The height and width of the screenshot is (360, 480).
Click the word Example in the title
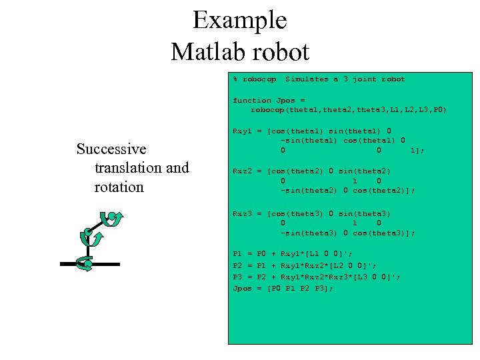pyautogui.click(x=239, y=21)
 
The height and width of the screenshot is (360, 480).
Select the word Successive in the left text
pyautogui.click(x=111, y=149)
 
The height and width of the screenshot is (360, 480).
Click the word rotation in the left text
pyautogui.click(x=119, y=187)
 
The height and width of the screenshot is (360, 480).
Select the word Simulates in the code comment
pyautogui.click(x=307, y=79)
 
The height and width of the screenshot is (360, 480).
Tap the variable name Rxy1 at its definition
pyautogui.click(x=242, y=131)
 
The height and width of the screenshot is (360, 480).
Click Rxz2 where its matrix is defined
pyautogui.click(x=242, y=171)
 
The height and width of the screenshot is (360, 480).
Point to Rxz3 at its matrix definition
pyautogui.click(x=242, y=214)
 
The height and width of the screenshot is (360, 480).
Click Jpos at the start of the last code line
pyautogui.click(x=242, y=289)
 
